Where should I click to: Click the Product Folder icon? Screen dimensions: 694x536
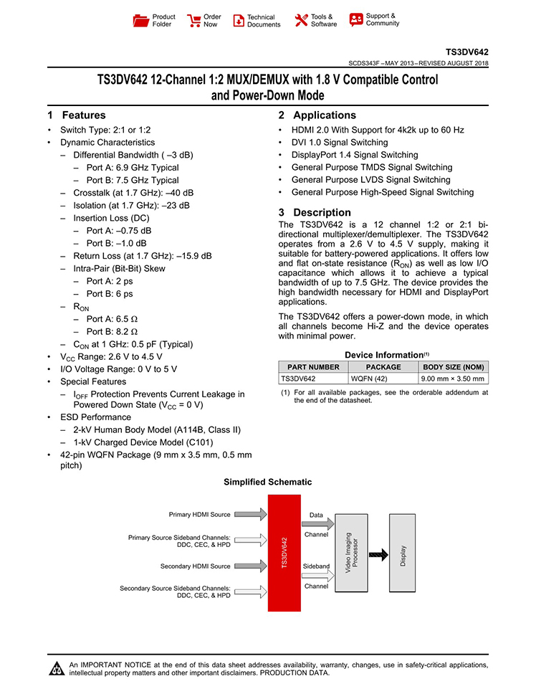click(140, 20)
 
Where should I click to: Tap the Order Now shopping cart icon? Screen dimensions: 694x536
click(193, 20)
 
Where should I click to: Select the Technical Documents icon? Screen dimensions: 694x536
click(239, 21)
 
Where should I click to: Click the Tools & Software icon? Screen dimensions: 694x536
click(301, 20)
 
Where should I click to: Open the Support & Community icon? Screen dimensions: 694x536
click(355, 20)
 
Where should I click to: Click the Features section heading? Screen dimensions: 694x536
click(77, 115)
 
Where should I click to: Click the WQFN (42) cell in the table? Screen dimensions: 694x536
click(368, 379)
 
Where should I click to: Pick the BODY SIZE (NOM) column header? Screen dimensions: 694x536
click(453, 367)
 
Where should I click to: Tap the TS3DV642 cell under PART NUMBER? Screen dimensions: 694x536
click(297, 379)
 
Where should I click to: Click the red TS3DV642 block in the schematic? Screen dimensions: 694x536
click(284, 558)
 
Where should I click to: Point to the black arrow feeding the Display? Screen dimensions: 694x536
click(378, 554)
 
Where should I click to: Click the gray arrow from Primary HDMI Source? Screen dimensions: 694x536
click(250, 515)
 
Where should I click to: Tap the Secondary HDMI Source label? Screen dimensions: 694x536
click(195, 566)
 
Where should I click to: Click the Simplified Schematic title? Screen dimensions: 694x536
click(268, 483)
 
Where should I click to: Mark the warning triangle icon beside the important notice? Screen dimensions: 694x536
click(56, 670)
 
